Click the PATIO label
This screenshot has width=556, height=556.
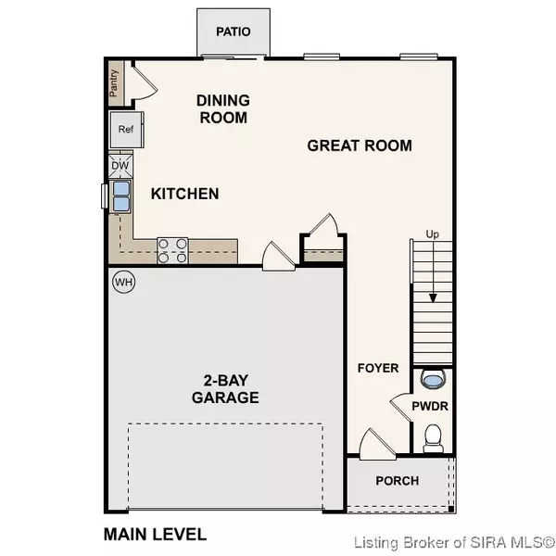(234, 32)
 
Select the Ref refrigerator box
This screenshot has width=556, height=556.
(126, 130)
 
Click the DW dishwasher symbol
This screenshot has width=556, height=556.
(121, 166)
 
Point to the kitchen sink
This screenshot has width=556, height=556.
(121, 196)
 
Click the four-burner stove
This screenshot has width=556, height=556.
(173, 248)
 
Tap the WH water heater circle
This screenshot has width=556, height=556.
(123, 281)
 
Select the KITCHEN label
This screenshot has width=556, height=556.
(185, 194)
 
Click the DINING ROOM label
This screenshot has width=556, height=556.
(222, 109)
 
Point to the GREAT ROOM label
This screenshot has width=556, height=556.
(360, 145)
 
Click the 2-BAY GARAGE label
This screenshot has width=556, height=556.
(225, 388)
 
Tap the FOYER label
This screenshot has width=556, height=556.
(378, 368)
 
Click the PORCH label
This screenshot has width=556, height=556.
(397, 481)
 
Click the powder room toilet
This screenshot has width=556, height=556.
(432, 436)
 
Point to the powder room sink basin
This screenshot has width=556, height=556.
(432, 378)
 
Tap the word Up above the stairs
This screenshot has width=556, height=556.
(432, 234)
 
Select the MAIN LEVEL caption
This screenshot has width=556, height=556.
(155, 535)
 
